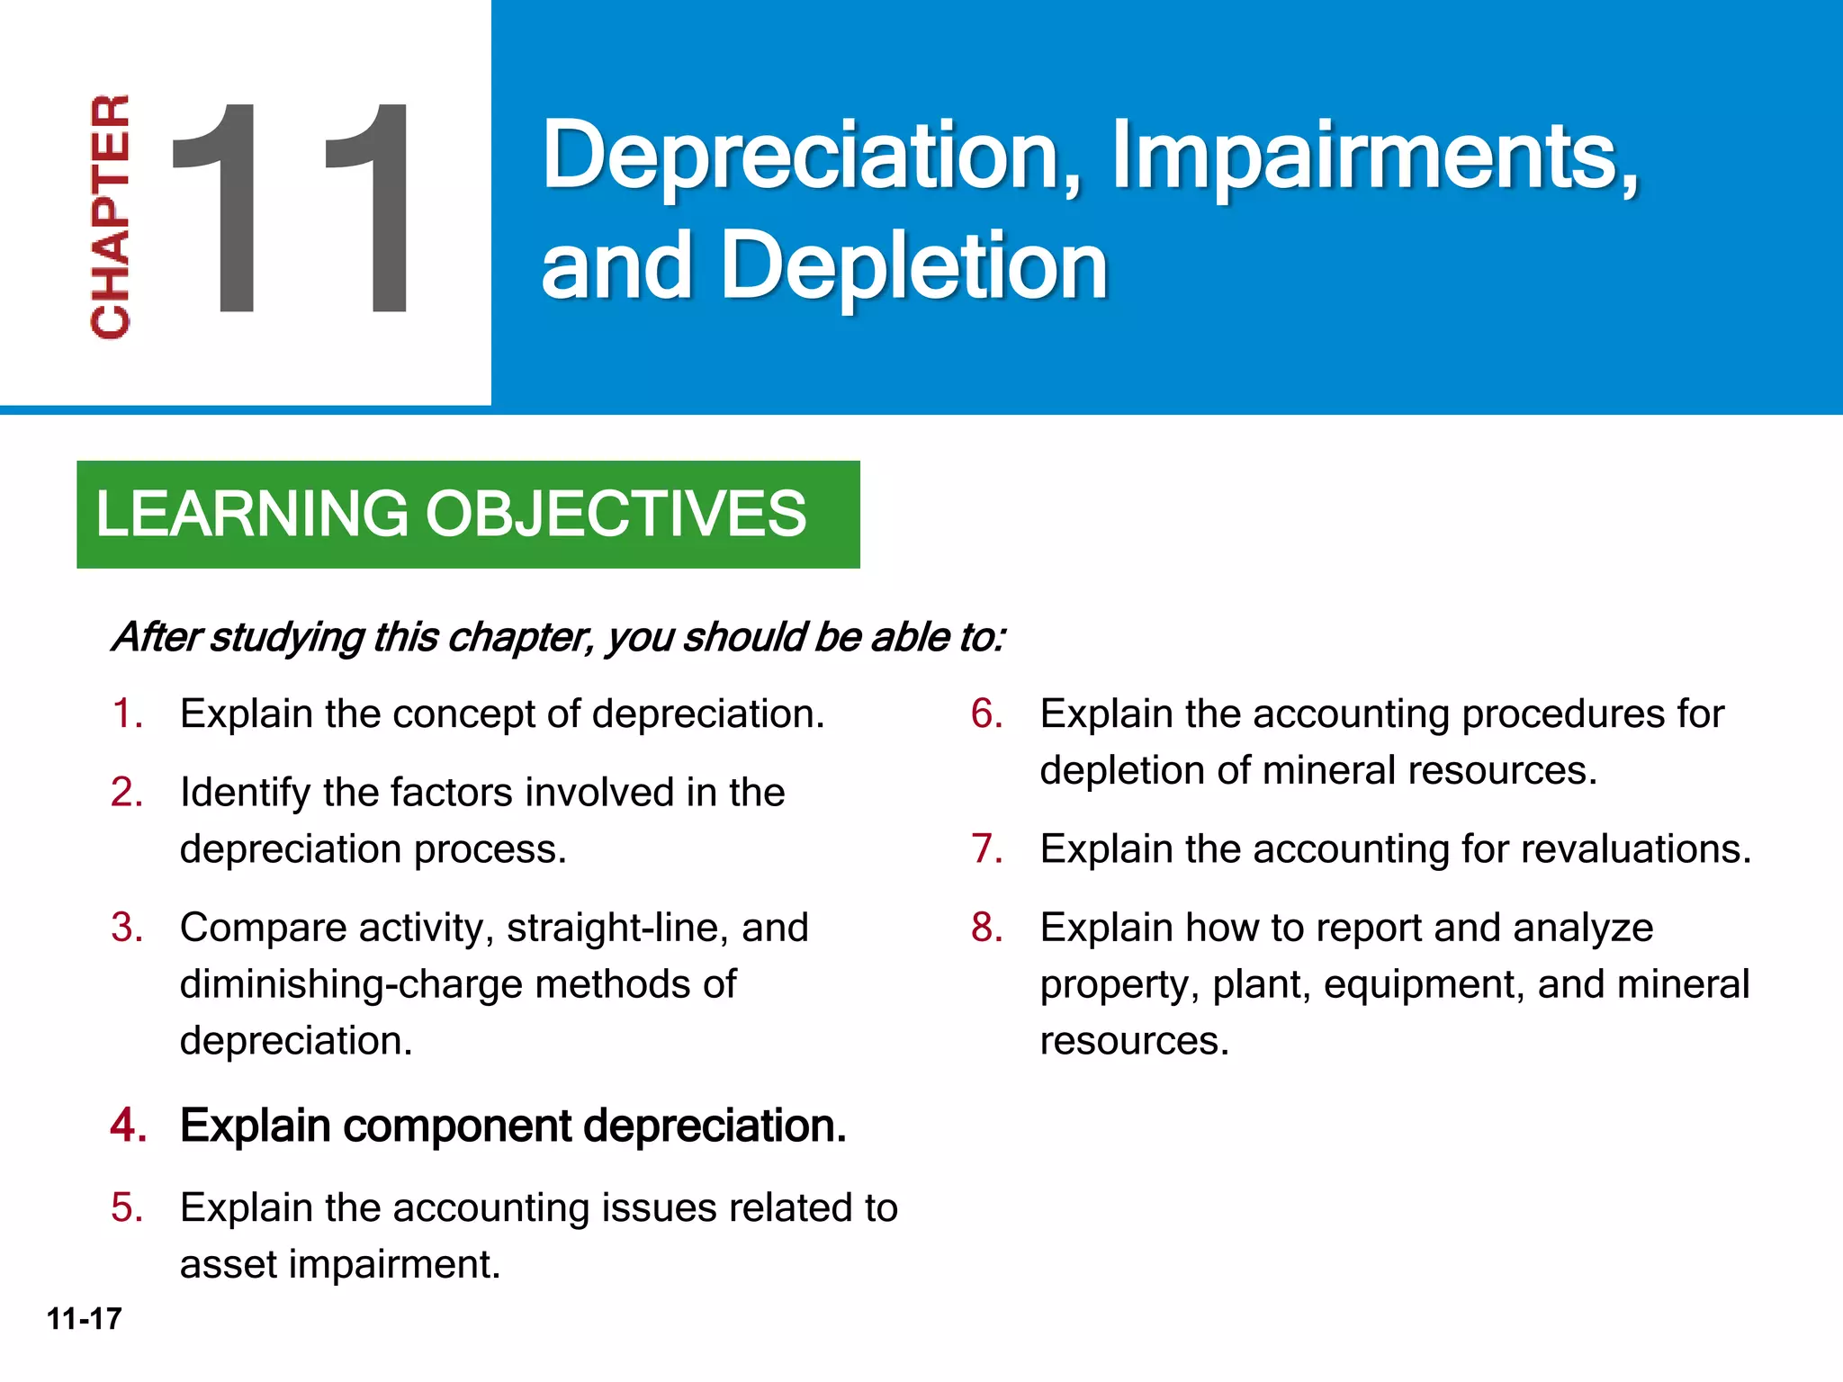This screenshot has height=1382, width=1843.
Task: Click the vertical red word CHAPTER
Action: click(x=110, y=217)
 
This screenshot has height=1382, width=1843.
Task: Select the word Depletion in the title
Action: click(x=913, y=265)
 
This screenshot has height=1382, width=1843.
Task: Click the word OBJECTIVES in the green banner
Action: click(x=616, y=514)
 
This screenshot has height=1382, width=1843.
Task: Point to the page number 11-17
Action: click(x=84, y=1319)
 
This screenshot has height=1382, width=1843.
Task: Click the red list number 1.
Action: click(x=126, y=714)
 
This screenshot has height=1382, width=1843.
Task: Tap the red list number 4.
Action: click(x=128, y=1126)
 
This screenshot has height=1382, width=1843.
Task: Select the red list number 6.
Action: click(x=986, y=714)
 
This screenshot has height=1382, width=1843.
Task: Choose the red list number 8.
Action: click(x=986, y=928)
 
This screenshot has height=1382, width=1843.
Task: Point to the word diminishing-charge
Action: click(x=352, y=984)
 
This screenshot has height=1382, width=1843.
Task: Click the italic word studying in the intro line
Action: click(x=289, y=638)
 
